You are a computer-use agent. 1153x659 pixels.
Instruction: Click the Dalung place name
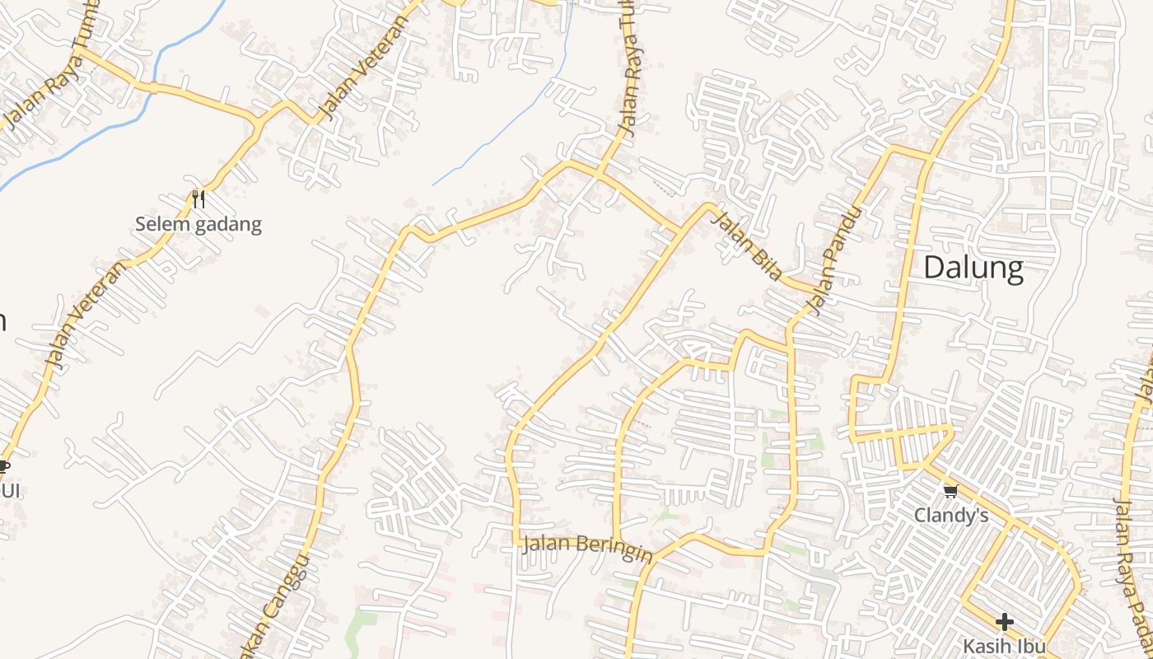(973, 269)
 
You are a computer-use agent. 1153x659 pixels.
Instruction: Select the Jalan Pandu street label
(834, 259)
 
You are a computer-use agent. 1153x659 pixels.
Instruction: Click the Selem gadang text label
(198, 224)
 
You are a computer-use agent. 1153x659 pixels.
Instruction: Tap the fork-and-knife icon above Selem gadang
(198, 199)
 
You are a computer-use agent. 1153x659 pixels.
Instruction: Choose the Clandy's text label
(951, 516)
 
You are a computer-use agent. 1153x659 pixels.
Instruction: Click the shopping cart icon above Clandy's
(950, 492)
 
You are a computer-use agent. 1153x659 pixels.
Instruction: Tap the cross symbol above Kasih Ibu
(1004, 622)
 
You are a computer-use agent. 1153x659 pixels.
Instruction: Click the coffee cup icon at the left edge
(3, 466)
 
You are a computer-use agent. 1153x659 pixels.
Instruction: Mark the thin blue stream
(511, 124)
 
